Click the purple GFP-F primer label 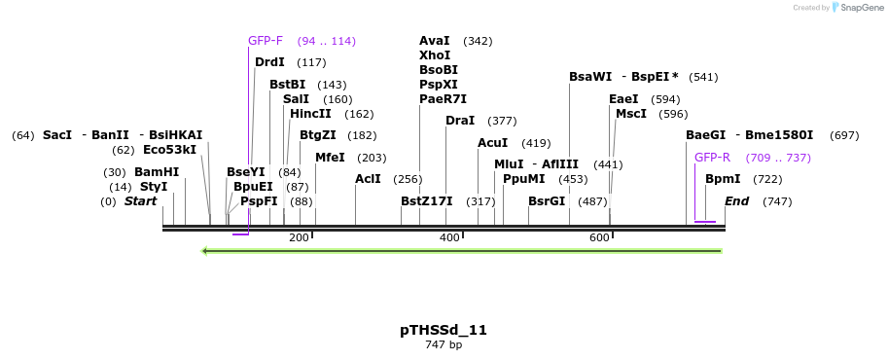coord(266,41)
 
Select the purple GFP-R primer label coord(712,158)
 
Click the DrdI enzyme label coord(269,62)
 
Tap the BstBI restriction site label coord(287,85)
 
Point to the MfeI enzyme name coord(330,158)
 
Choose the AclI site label coord(368,179)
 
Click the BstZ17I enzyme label coord(427,201)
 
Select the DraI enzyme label coord(459,121)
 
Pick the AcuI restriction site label coord(493,143)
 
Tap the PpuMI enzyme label coord(524,179)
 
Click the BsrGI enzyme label coord(547,201)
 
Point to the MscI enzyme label coord(631,114)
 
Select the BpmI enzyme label coord(723,179)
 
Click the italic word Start coord(140,201)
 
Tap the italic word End coord(736,201)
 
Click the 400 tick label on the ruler coord(449,237)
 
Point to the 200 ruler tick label coord(299,237)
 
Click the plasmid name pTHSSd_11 coord(444,330)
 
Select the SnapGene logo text coord(860,8)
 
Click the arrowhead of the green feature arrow coord(205,251)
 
